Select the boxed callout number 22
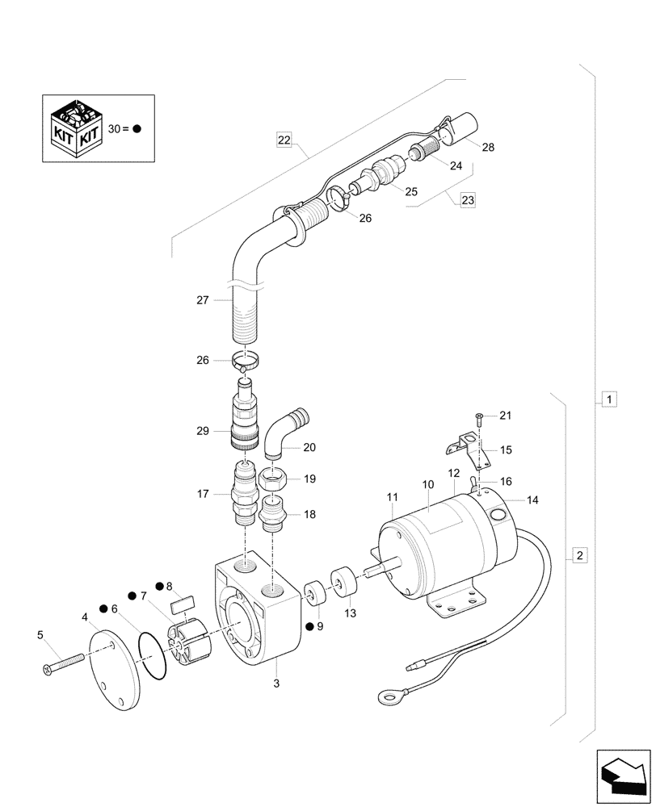(284, 140)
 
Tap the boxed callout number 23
(469, 200)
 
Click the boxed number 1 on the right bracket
(610, 399)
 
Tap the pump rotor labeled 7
(187, 638)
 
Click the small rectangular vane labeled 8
(183, 601)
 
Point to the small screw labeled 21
(479, 417)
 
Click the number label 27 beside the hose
(201, 300)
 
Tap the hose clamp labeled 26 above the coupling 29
(246, 359)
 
